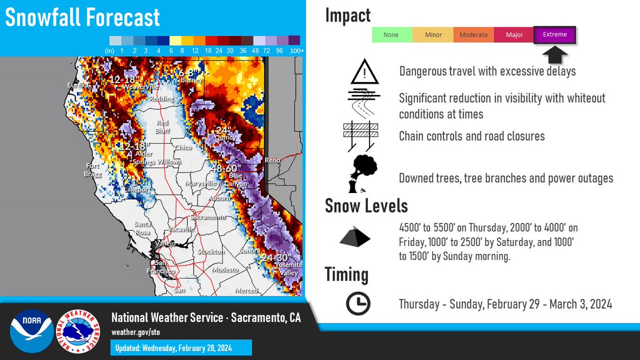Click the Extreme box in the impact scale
(x=555, y=35)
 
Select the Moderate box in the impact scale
(x=474, y=35)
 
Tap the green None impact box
(x=391, y=35)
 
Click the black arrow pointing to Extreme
(x=555, y=54)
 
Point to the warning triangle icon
(x=364, y=72)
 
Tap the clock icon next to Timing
(x=358, y=304)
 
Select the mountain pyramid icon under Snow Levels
(x=355, y=237)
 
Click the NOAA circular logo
(x=31, y=331)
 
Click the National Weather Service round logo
(x=78, y=331)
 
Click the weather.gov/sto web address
(x=135, y=332)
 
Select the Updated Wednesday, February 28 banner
(x=181, y=348)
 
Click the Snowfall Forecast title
(x=83, y=18)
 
